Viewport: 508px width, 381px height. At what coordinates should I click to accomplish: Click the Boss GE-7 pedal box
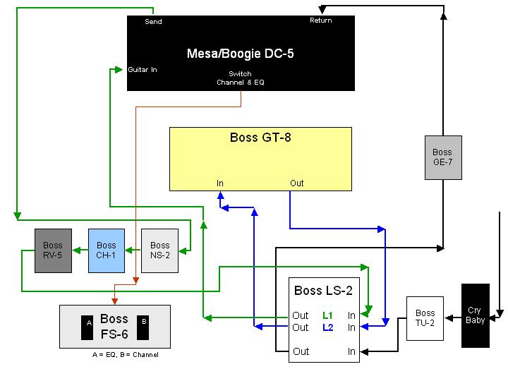point(442,157)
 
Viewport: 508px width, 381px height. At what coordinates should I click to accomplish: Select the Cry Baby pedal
point(475,315)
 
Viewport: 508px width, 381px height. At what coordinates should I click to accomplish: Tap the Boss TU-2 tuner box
point(425,318)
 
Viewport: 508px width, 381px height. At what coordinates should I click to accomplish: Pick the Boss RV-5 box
point(53,250)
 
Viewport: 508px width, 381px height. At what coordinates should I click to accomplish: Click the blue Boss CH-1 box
point(106,250)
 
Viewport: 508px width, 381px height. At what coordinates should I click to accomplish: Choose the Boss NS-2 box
point(159,250)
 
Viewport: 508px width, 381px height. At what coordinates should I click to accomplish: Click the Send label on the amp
point(153,22)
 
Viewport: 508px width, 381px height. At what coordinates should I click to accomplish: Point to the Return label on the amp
point(321,20)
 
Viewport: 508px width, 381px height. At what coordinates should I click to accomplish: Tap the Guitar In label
point(143,70)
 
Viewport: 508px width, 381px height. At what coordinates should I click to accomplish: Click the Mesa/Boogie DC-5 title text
point(240,54)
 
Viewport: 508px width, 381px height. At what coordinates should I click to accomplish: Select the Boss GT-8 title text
point(260,138)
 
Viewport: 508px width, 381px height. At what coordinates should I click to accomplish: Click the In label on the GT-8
point(220,183)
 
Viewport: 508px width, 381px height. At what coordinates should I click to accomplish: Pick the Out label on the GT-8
point(297,183)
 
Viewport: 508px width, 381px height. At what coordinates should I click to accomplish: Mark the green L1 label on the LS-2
point(327,315)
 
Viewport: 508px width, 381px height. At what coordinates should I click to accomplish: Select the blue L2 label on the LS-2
point(327,327)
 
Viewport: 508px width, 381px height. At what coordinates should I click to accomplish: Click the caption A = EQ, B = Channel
point(121,355)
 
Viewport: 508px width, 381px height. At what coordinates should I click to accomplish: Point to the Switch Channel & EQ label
point(240,78)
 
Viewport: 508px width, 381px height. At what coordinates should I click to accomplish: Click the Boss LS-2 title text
point(322,291)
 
